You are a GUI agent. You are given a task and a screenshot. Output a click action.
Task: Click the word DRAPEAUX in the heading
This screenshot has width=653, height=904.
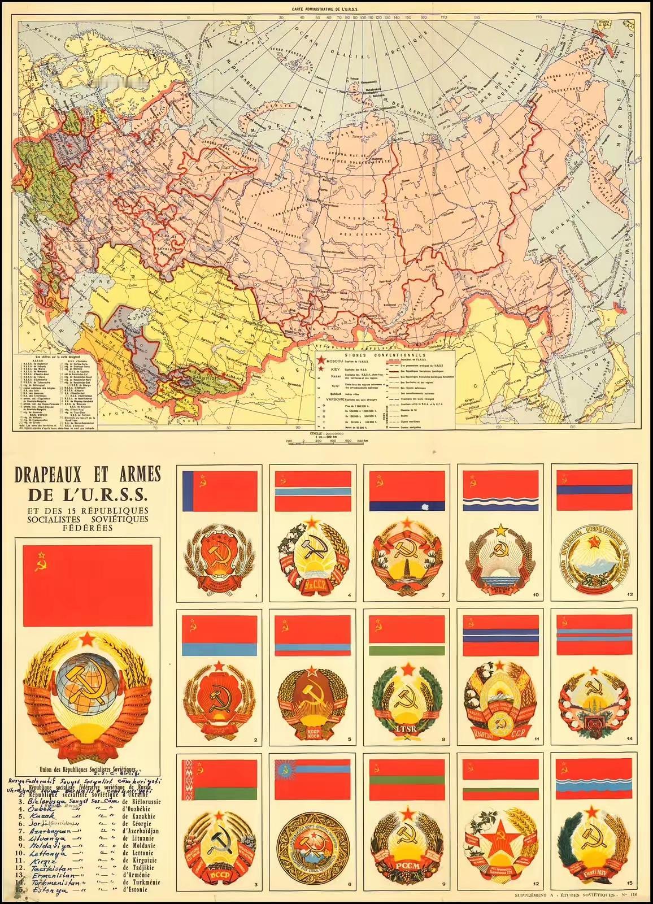point(59,471)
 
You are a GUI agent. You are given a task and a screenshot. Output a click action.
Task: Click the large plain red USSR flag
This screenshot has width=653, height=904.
point(88,585)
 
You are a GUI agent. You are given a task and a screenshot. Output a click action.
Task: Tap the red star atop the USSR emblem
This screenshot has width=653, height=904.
point(88,640)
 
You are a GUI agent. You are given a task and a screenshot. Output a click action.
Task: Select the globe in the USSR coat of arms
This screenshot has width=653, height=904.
point(88,681)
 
